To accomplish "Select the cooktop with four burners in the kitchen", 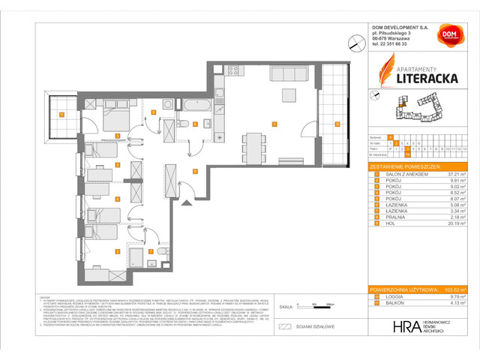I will [233, 71].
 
